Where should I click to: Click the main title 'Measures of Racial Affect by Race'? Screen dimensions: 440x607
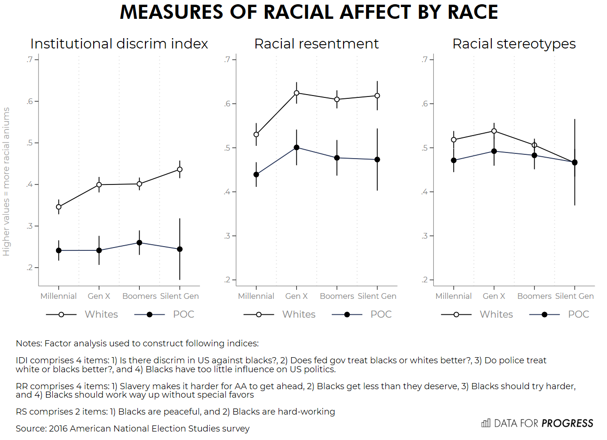(x=309, y=12)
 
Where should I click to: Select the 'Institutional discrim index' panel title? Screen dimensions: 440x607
(x=119, y=44)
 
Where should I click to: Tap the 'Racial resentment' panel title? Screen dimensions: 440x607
(x=316, y=44)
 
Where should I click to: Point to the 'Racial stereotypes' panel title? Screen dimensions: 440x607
(x=514, y=44)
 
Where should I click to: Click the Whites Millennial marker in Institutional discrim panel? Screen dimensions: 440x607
(x=59, y=207)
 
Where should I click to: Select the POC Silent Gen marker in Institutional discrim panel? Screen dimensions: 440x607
(x=180, y=249)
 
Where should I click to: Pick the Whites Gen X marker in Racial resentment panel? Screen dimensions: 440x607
(x=296, y=93)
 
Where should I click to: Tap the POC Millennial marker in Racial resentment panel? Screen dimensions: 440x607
(x=256, y=175)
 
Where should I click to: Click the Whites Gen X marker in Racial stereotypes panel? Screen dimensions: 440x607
(x=494, y=131)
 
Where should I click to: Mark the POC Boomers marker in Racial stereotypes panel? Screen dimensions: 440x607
(x=534, y=155)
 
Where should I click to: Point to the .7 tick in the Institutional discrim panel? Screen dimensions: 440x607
(x=30, y=60)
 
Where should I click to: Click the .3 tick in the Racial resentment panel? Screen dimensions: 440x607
(x=227, y=236)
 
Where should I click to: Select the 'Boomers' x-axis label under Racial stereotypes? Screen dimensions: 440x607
(x=534, y=296)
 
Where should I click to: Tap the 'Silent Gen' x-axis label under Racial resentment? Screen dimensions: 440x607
(x=377, y=296)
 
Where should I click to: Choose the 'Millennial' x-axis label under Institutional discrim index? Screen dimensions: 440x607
(x=58, y=296)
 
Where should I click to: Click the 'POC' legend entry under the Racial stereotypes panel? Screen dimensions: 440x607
(x=578, y=314)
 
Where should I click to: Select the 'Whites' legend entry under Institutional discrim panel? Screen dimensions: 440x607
(x=101, y=314)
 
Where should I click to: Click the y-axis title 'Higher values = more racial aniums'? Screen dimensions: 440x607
(x=6, y=182)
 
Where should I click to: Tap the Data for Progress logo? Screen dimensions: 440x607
(x=537, y=424)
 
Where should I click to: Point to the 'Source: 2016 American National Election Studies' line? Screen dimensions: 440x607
(x=133, y=429)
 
